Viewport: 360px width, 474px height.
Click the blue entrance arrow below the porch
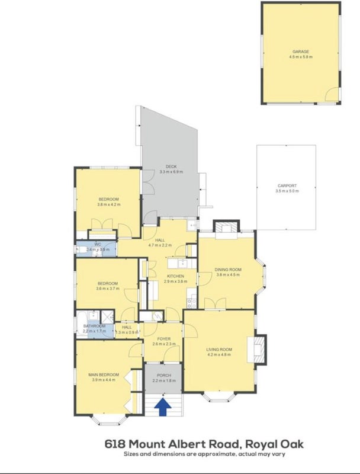[x=163, y=407]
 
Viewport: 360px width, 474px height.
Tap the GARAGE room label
[x=301, y=52]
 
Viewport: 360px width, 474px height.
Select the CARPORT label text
[x=287, y=185]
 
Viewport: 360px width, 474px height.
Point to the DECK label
[x=171, y=166]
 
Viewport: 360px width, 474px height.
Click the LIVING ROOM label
[x=219, y=350]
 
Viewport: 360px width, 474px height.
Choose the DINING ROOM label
[x=228, y=270]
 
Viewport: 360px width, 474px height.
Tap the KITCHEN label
[x=175, y=276]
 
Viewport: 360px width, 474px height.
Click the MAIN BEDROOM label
[x=104, y=374]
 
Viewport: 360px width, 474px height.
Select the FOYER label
[x=163, y=339]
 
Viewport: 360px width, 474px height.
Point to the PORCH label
[x=164, y=376]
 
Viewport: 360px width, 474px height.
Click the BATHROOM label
[x=94, y=326]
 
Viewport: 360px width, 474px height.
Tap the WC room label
[x=97, y=244]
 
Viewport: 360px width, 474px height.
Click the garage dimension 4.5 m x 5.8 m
[x=301, y=57]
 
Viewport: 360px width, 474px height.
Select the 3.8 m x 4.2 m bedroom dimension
[x=109, y=204]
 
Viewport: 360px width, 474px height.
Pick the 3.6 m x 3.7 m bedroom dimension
[x=108, y=289]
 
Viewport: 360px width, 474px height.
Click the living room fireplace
[x=257, y=350]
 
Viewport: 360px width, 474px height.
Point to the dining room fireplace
[x=227, y=230]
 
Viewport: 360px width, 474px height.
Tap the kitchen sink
[x=183, y=263]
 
